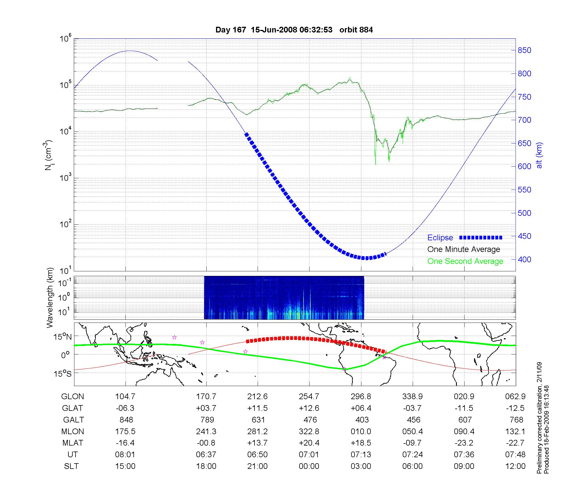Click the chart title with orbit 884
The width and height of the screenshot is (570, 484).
(x=294, y=30)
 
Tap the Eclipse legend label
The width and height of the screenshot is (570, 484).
(x=440, y=238)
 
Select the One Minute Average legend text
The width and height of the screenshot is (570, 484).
(x=464, y=249)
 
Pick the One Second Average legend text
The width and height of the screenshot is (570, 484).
(x=465, y=261)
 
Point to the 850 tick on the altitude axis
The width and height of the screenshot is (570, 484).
(x=524, y=50)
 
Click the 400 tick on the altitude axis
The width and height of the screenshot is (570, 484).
(x=524, y=259)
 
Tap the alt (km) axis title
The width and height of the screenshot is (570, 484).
(x=539, y=155)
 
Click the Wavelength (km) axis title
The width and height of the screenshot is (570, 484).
(x=50, y=298)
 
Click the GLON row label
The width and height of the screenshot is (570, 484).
(x=73, y=397)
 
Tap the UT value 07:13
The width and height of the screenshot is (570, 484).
(x=361, y=455)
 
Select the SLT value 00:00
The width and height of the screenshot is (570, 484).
(x=309, y=466)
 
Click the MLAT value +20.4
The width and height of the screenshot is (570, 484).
(x=309, y=443)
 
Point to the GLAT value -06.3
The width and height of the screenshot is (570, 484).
(x=125, y=408)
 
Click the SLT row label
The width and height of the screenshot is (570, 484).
(x=71, y=466)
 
